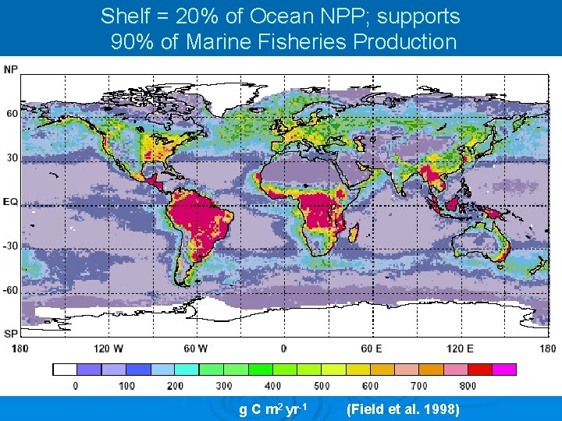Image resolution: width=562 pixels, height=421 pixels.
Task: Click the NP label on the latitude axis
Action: pos(11,69)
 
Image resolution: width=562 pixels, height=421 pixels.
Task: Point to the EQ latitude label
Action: pos(11,201)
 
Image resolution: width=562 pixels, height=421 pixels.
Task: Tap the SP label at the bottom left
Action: pos(11,334)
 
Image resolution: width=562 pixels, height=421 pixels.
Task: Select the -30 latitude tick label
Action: pos(11,246)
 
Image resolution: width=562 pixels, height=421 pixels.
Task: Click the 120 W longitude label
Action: pos(108,348)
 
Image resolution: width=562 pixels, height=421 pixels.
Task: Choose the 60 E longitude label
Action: pos(371,348)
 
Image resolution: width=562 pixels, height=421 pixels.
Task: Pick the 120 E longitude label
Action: pos(459,348)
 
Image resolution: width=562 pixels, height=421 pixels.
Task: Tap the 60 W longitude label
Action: pos(196,348)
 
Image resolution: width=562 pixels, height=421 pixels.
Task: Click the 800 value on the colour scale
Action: pos(468,386)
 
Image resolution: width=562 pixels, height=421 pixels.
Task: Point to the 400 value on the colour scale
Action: pos(272,386)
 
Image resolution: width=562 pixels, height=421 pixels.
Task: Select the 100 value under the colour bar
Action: pos(126,386)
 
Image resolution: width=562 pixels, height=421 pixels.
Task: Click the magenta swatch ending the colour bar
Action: pos(504,370)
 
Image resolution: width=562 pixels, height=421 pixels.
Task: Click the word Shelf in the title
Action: pos(123,16)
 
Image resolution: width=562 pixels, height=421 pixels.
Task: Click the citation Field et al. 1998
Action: pos(402,409)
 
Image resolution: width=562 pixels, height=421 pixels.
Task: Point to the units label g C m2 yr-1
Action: pos(277,409)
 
